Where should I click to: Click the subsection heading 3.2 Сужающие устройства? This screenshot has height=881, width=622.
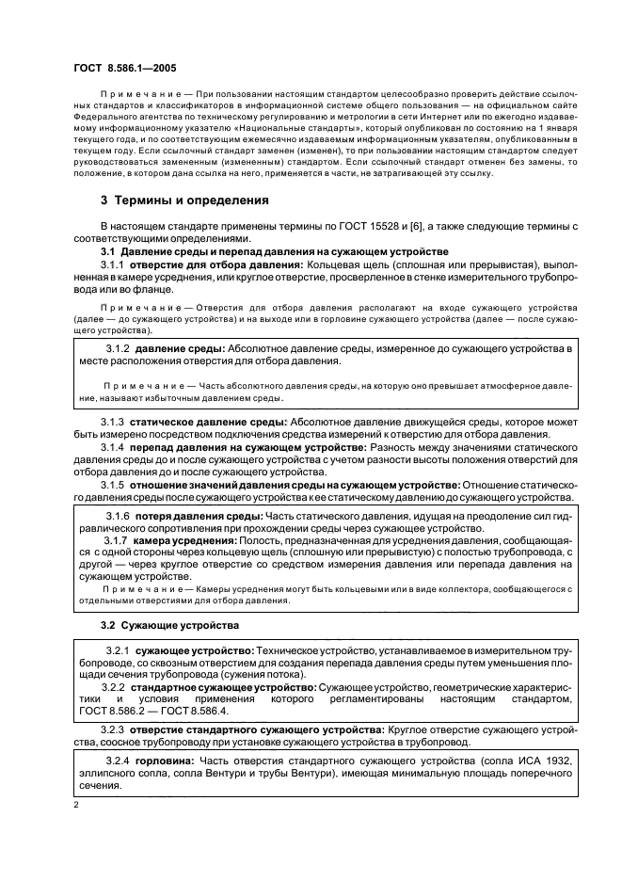[169, 626]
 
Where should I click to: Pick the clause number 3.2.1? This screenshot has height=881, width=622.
[119, 651]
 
